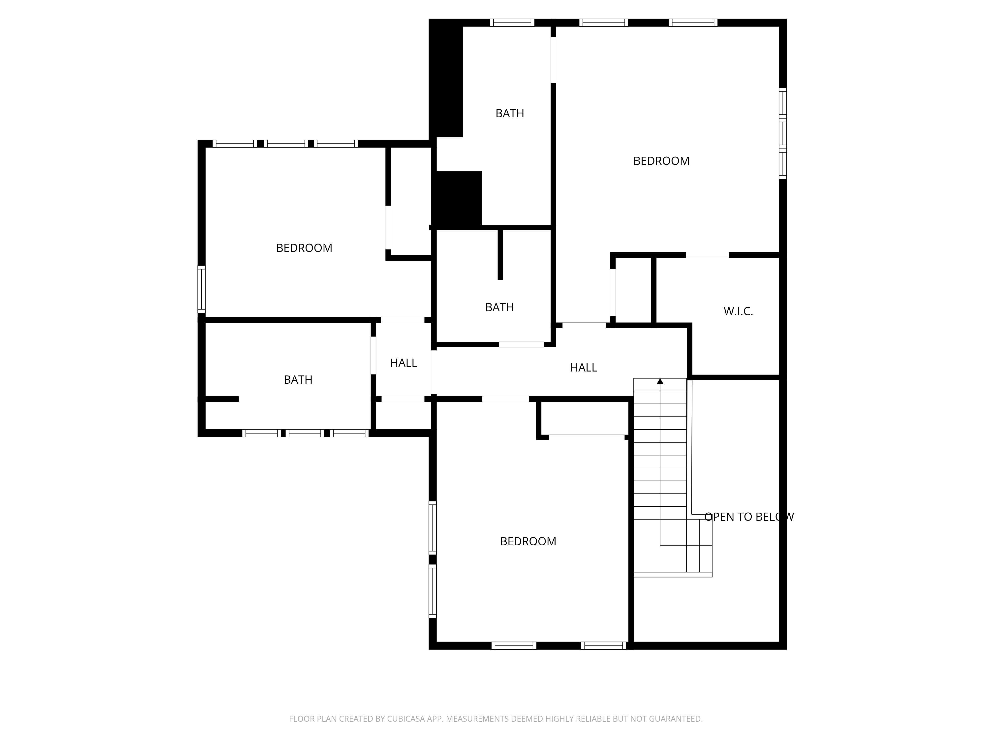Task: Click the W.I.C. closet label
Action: [738, 311]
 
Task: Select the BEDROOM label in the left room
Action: [304, 248]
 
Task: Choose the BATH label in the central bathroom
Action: [499, 307]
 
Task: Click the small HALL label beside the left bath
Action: [403, 363]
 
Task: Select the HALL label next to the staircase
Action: [584, 368]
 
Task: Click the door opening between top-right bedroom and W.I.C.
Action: [707, 255]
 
